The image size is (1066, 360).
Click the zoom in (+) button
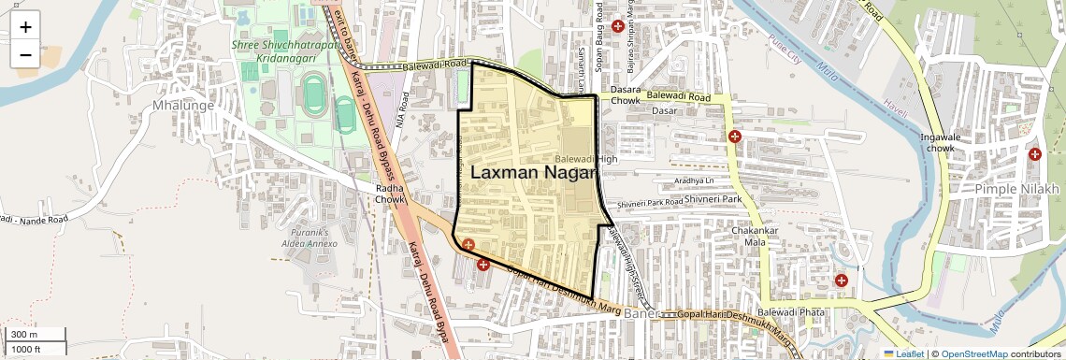click(25, 27)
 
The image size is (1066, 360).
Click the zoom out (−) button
click(25, 54)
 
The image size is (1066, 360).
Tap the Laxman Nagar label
click(533, 173)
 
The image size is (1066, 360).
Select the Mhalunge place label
click(183, 106)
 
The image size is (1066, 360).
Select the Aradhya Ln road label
click(692, 180)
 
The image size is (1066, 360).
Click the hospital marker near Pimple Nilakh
click(1034, 154)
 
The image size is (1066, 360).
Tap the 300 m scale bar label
click(24, 335)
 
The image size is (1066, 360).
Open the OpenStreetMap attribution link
click(973, 353)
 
